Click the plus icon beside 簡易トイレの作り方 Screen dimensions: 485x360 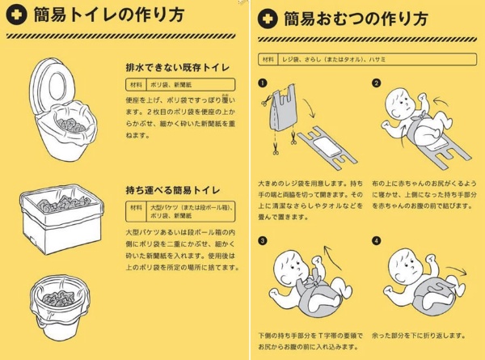(16, 14)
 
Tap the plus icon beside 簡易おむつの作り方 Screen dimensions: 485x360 (268, 19)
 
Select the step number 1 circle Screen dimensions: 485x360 (262, 83)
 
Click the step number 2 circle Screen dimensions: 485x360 (376, 83)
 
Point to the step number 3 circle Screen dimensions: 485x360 (262, 240)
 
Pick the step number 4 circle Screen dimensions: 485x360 (376, 240)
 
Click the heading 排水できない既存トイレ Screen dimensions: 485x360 (178, 67)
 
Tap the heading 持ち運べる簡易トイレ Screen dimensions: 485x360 (173, 190)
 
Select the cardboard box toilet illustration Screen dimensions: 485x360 (62, 219)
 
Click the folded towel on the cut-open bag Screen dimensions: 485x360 (328, 146)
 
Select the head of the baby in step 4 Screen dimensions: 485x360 (403, 265)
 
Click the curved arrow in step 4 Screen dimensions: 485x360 (456, 270)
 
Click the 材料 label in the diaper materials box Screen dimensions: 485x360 (268, 59)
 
